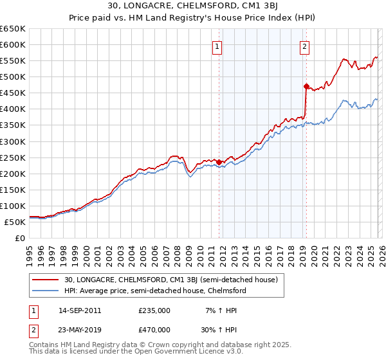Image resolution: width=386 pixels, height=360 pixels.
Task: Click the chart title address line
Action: (x=193, y=6)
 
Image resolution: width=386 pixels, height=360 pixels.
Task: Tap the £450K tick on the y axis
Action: (x=13, y=93)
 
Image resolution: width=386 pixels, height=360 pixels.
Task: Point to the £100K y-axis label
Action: (x=13, y=206)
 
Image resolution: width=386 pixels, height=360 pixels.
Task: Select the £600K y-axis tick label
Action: (x=13, y=45)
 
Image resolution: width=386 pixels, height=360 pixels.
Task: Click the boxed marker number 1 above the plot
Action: (x=218, y=46)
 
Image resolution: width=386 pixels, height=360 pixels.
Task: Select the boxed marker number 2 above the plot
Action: (x=304, y=46)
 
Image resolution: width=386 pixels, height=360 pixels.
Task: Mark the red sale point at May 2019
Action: (x=306, y=86)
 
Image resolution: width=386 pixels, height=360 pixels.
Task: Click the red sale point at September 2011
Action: (x=219, y=162)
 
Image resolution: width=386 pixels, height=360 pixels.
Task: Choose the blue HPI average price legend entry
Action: (x=154, y=291)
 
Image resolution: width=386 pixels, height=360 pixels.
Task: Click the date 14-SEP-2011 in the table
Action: (x=80, y=310)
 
